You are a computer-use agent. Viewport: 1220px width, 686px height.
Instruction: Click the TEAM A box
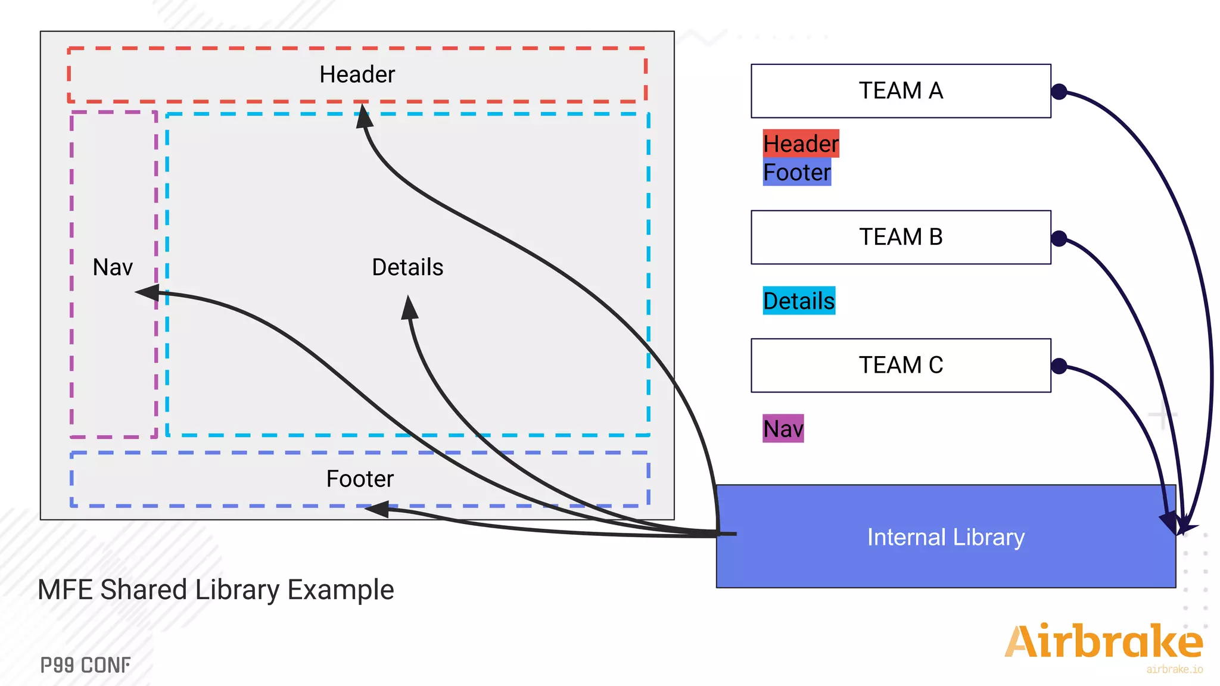(x=900, y=91)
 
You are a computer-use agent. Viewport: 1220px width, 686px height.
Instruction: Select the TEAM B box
(x=900, y=237)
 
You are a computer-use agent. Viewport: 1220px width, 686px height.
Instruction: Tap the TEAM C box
(x=900, y=365)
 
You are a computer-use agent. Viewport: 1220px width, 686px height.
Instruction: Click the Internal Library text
(x=945, y=537)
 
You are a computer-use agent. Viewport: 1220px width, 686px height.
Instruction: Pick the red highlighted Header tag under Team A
(x=801, y=144)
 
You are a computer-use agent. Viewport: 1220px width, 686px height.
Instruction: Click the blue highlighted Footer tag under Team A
(x=796, y=172)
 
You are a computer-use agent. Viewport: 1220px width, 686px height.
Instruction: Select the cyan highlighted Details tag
(x=798, y=301)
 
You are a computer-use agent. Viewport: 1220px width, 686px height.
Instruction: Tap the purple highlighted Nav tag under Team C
(x=783, y=429)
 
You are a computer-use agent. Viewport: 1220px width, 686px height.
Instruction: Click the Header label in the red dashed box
(x=357, y=74)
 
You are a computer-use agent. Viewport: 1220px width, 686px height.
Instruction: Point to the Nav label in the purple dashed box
(x=113, y=267)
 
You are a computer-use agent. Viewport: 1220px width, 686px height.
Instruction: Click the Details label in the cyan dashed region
(x=407, y=267)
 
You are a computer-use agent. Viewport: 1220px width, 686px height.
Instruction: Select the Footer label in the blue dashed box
(x=360, y=479)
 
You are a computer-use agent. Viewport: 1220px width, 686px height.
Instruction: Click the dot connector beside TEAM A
(x=1059, y=92)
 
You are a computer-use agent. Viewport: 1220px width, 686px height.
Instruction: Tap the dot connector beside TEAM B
(x=1059, y=239)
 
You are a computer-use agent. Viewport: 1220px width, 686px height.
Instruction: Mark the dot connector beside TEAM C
(x=1059, y=366)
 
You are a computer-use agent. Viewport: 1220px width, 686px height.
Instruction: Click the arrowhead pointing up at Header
(x=364, y=116)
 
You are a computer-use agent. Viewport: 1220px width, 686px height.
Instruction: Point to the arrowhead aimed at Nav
(x=148, y=292)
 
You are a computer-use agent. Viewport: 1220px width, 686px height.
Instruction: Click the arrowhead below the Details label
(x=409, y=308)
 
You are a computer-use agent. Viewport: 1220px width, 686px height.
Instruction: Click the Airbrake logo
(x=1103, y=643)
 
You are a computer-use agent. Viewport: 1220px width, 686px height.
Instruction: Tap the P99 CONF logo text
(x=86, y=665)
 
